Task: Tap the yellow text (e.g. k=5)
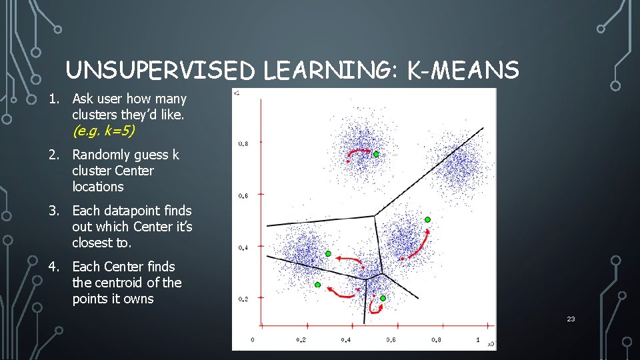(x=103, y=131)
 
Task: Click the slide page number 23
(x=571, y=319)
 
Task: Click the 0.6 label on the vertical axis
(x=243, y=195)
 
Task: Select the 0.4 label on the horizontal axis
(x=345, y=340)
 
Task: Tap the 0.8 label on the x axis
(x=435, y=340)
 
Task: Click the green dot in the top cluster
(x=376, y=154)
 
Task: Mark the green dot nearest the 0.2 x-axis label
(x=318, y=285)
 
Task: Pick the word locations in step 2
(x=98, y=187)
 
